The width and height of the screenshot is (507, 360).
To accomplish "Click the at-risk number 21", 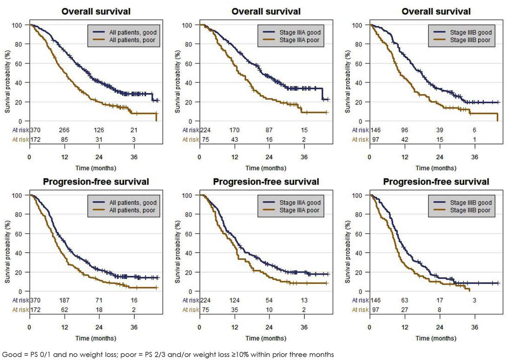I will (134, 131).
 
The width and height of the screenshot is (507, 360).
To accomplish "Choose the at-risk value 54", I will (270, 301).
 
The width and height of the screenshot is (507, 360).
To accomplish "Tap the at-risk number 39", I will (440, 131).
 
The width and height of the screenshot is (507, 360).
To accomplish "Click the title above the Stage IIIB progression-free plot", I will (436, 182).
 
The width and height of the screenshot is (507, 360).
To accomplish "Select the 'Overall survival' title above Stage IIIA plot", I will (266, 12).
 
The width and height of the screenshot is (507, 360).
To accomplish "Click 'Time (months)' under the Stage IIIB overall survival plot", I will (436, 168).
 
